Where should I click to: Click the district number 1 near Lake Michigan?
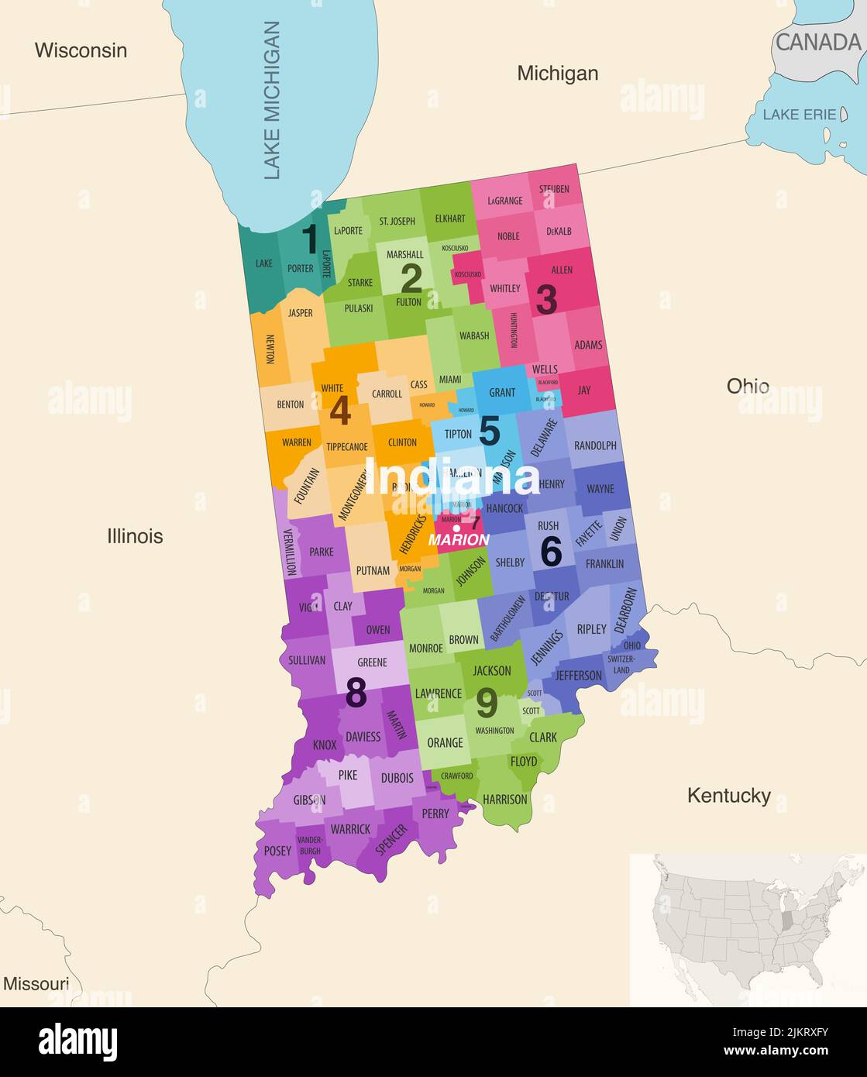pos(309,239)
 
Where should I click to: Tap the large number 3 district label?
pos(546,301)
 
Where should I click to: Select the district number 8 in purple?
pos(356,693)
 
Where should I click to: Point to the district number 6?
pos(551,551)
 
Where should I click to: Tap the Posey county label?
pos(277,851)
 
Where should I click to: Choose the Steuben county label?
pos(554,189)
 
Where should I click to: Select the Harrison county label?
pos(504,799)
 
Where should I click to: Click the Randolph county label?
pos(595,446)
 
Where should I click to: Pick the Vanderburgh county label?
pos(310,845)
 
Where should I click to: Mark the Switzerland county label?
pos(621,664)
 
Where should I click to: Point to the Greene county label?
pos(372,662)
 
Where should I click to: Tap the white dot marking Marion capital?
pos(457,528)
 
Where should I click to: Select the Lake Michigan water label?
pos(271,101)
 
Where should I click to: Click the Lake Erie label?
pos(799,115)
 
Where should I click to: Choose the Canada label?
pos(817,43)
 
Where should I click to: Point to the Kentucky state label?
pos(728,796)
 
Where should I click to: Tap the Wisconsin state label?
pos(81,50)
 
